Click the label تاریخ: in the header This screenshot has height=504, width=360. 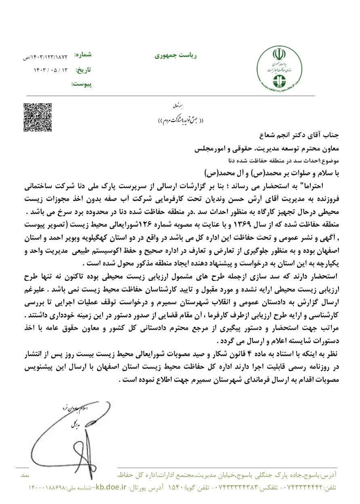[x=84, y=70]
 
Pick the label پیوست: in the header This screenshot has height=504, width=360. [x=81, y=84]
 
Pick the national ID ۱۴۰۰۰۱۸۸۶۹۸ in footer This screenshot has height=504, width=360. [x=46, y=488]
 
